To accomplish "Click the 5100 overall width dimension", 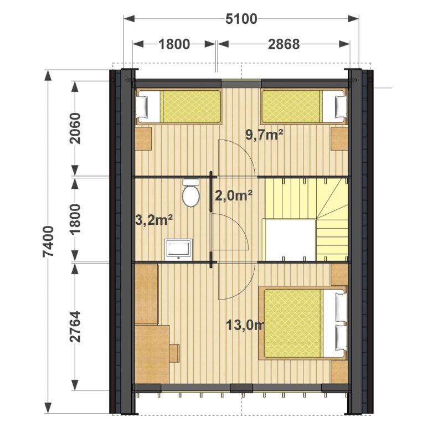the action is point(241,19).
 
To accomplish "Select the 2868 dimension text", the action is point(284,44).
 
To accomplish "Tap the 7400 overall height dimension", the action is point(48,241).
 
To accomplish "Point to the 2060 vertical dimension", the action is point(75,128).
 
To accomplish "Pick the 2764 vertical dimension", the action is point(75,327).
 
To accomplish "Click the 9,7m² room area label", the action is point(264,135).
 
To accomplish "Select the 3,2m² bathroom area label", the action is point(154,220).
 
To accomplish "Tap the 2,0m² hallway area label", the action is point(233,195).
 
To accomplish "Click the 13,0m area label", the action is point(245,326).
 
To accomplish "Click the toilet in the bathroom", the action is point(190,192).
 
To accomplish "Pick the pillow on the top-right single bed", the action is point(341,106).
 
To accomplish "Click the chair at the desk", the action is point(174,353).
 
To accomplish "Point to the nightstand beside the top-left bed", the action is point(143,139).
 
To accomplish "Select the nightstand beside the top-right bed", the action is point(339,139).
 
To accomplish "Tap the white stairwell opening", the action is point(290,240).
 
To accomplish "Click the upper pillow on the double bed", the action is point(341,307).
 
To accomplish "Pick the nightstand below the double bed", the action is point(339,372).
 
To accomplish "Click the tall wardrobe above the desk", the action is point(146,294).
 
